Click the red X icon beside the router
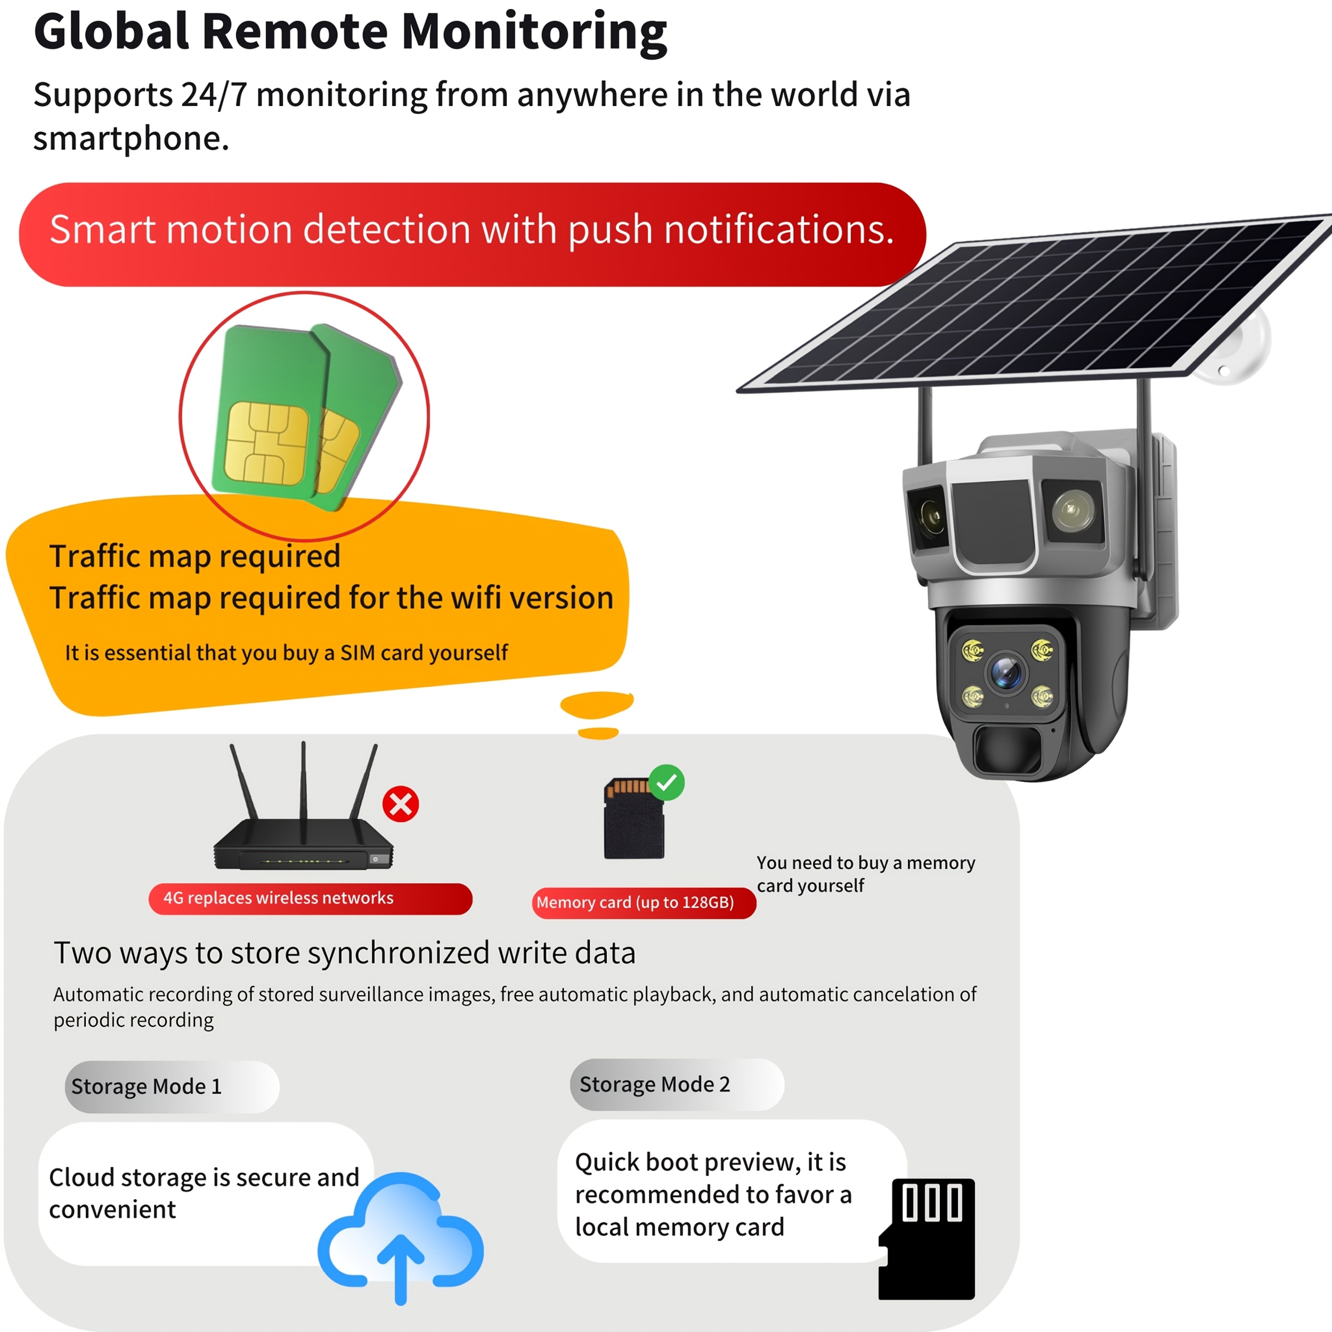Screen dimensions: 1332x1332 pos(401,804)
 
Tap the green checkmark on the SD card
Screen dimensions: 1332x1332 pos(667,783)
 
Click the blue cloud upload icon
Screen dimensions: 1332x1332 pos(401,1238)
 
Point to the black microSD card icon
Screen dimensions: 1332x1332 pos(927,1239)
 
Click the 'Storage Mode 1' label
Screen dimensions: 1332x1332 pos(146,1086)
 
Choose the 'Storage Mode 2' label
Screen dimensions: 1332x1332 pos(654,1084)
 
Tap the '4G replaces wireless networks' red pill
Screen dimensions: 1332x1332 pos(310,898)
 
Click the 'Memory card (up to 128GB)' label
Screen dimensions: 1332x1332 pos(635,903)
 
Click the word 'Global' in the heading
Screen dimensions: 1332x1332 pos(111,32)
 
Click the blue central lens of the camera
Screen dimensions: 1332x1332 pos(1006,671)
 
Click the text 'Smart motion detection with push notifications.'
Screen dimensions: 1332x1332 pos(472,230)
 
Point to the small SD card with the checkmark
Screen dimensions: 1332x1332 pos(634,818)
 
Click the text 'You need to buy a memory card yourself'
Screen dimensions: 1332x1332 pos(866,874)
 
